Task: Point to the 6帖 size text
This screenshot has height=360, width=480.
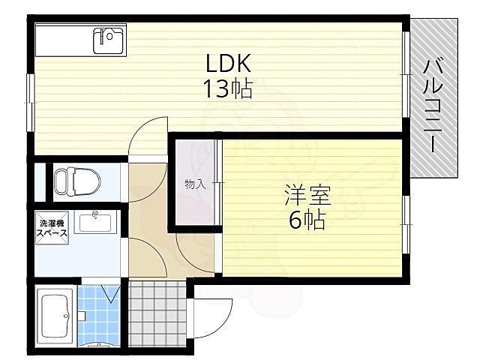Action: coord(307,220)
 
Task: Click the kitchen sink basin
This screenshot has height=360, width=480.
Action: coord(109,39)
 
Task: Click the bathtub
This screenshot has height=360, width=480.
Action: coord(55,315)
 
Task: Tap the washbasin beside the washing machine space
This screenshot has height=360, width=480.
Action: coord(94,222)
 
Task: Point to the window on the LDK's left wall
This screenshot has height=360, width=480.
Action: coord(31,90)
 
